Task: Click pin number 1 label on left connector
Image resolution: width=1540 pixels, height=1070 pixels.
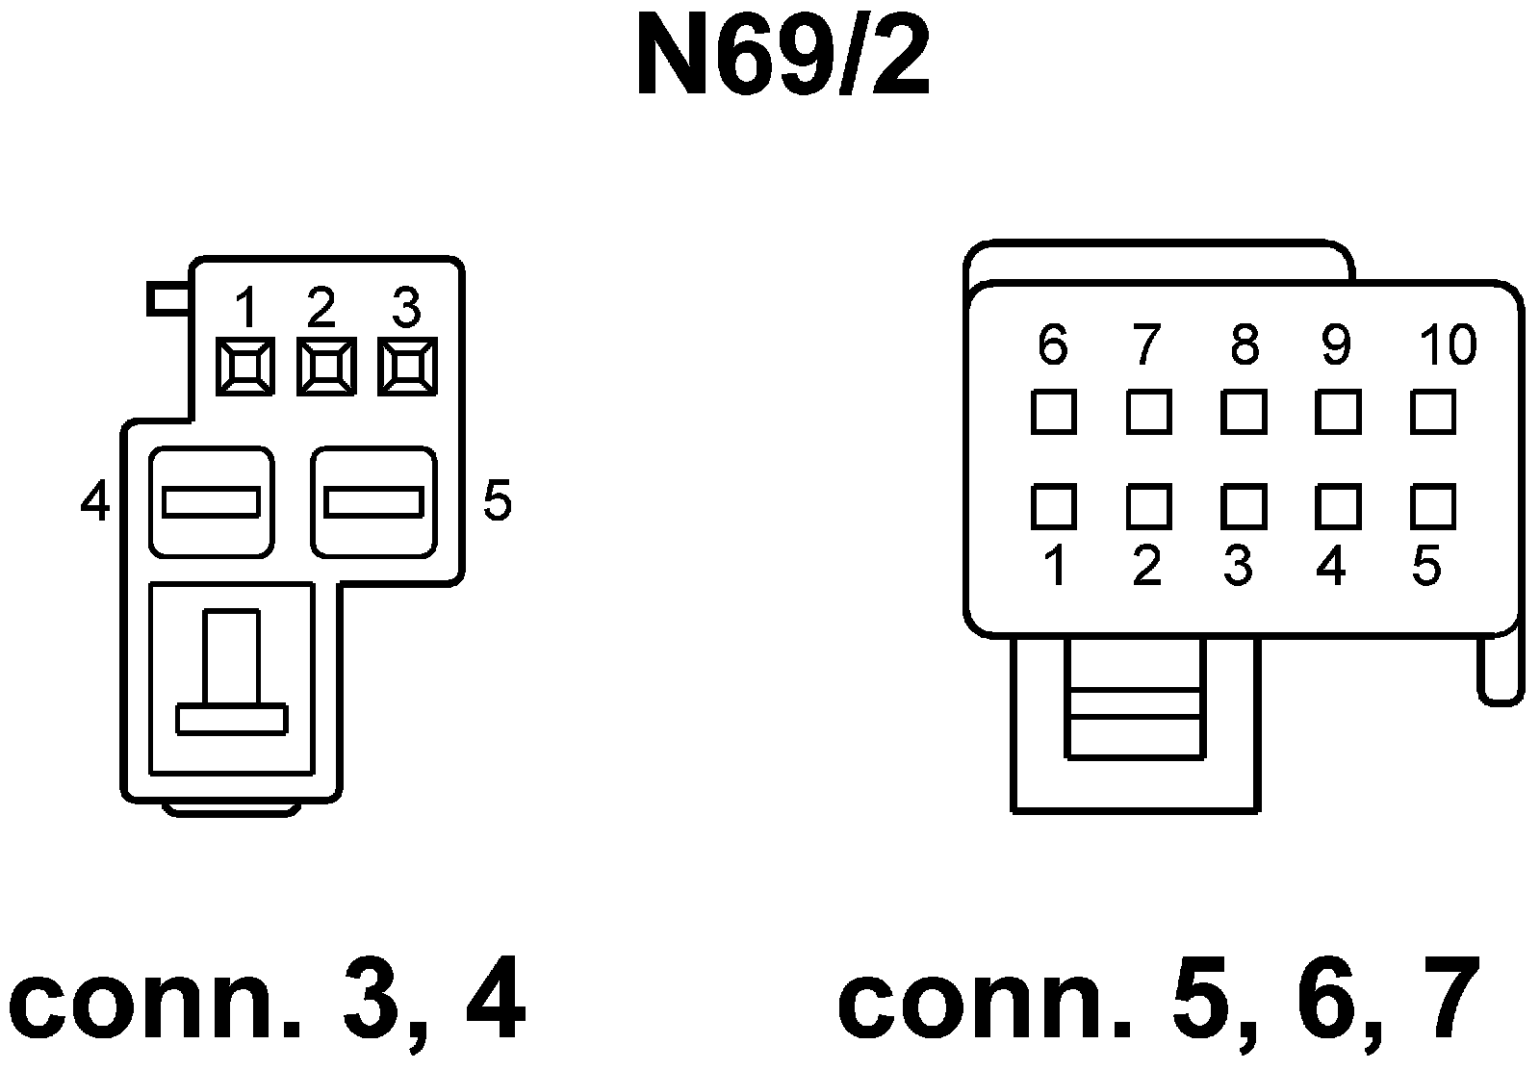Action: pyautogui.click(x=246, y=309)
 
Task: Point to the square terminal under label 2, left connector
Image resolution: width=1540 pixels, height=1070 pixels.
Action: pyautogui.click(x=326, y=367)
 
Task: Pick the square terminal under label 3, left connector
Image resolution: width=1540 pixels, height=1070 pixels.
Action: pyautogui.click(x=407, y=367)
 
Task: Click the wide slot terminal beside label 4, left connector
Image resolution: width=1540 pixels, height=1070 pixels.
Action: pyautogui.click(x=212, y=502)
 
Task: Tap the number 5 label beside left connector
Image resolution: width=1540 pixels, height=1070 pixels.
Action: pyautogui.click(x=497, y=500)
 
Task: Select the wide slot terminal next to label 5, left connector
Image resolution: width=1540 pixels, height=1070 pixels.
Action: pyautogui.click(x=373, y=502)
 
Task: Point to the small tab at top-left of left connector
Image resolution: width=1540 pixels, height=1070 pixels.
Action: pyautogui.click(x=169, y=298)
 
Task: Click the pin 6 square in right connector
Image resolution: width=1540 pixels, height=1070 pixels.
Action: pyautogui.click(x=1053, y=413)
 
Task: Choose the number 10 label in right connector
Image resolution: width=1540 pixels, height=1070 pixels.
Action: pyautogui.click(x=1448, y=344)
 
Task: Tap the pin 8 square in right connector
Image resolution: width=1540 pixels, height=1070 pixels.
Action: pyautogui.click(x=1244, y=413)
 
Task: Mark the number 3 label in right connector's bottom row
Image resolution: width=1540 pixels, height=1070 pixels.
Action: pyautogui.click(x=1239, y=567)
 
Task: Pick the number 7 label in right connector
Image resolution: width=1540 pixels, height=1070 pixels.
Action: pyautogui.click(x=1145, y=344)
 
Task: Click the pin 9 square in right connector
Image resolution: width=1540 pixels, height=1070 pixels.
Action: pyautogui.click(x=1338, y=413)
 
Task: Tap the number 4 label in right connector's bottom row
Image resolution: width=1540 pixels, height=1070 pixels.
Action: pyautogui.click(x=1331, y=567)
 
